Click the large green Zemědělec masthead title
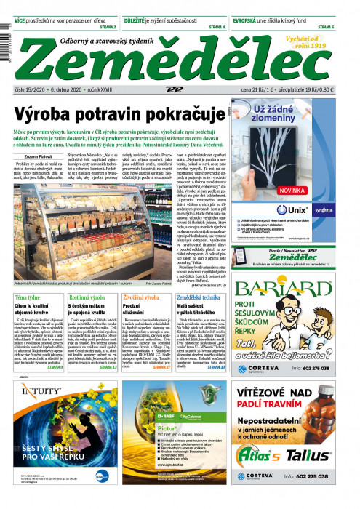pos(156,65)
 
